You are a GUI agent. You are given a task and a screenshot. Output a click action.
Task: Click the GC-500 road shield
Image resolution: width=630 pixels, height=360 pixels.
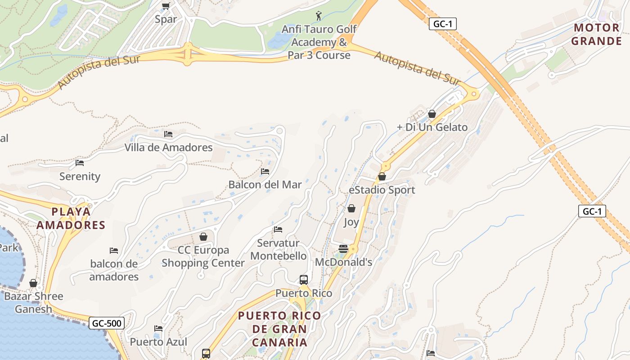106,323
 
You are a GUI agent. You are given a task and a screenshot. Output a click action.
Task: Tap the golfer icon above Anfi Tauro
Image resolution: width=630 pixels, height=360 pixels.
319,16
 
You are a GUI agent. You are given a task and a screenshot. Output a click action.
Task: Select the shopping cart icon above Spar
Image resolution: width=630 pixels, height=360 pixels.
166,6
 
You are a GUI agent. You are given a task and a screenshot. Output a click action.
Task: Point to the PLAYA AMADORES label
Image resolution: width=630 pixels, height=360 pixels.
71,218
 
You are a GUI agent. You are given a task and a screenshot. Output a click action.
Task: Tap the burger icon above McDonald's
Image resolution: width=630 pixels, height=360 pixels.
343,249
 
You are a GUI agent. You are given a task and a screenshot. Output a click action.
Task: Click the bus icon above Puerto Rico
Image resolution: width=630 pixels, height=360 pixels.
304,280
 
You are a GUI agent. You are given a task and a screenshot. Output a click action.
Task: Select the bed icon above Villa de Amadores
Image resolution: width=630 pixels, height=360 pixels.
168,134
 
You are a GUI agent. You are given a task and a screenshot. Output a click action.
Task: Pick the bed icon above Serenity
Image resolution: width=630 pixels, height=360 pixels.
80,163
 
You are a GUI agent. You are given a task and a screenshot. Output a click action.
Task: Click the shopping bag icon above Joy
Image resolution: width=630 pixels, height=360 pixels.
351,208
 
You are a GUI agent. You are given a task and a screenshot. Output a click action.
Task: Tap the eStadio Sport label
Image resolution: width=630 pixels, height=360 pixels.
382,190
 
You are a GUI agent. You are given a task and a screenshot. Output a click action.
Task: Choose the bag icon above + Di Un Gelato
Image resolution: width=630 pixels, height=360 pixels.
432,114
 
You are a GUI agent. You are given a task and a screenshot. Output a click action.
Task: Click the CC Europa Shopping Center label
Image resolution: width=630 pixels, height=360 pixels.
203,256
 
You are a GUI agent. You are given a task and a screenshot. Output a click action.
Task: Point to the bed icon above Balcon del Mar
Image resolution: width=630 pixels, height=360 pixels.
265,171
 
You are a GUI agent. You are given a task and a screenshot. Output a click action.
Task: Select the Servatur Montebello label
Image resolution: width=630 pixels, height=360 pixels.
278,249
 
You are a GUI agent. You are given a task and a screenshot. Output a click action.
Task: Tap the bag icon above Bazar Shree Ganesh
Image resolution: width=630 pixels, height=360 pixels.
33,283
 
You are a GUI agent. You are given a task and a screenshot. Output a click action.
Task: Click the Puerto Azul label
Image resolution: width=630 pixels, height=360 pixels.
158,342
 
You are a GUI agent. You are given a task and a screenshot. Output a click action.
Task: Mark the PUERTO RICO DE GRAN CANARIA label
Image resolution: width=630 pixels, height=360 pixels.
279,329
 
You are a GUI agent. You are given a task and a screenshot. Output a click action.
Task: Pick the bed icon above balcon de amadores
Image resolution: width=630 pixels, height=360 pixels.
114,251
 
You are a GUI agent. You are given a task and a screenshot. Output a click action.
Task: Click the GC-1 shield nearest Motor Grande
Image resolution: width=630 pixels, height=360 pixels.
443,24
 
